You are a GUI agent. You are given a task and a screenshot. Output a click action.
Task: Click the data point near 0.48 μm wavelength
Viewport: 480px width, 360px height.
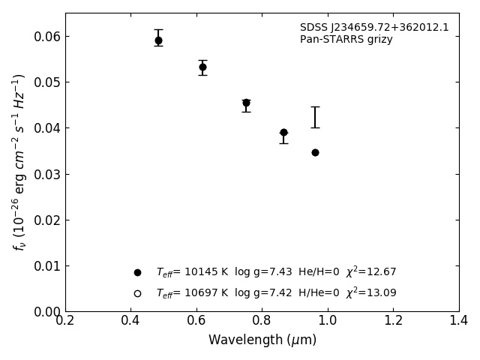tap(158, 40)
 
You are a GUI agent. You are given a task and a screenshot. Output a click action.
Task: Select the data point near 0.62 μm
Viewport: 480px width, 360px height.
tap(202, 67)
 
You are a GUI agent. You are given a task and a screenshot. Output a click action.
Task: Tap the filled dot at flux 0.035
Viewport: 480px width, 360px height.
tap(315, 152)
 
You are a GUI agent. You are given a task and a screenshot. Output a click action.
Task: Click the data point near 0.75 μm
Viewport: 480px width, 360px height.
tap(246, 103)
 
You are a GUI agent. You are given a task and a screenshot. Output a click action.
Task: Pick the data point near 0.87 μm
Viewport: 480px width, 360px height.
tap(283, 132)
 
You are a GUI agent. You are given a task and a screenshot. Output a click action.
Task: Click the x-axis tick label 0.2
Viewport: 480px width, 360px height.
tap(65, 321)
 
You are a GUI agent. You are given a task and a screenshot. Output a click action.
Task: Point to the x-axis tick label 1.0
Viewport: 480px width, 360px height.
tap(328, 321)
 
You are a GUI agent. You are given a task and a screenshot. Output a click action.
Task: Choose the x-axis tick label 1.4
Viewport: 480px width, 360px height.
tap(459, 321)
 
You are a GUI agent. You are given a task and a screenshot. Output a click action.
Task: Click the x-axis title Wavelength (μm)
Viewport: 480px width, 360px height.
tap(262, 340)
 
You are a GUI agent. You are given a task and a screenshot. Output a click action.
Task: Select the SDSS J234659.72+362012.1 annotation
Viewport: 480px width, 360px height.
tap(374, 28)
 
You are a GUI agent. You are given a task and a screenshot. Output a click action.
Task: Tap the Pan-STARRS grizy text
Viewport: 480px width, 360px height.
tap(346, 40)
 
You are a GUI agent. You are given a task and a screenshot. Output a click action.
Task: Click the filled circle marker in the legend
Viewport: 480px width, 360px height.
tap(137, 272)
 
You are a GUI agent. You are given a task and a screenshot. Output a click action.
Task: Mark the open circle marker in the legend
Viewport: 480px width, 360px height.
tap(137, 293)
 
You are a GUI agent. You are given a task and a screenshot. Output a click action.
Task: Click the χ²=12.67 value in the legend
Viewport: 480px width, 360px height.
tap(370, 271)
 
